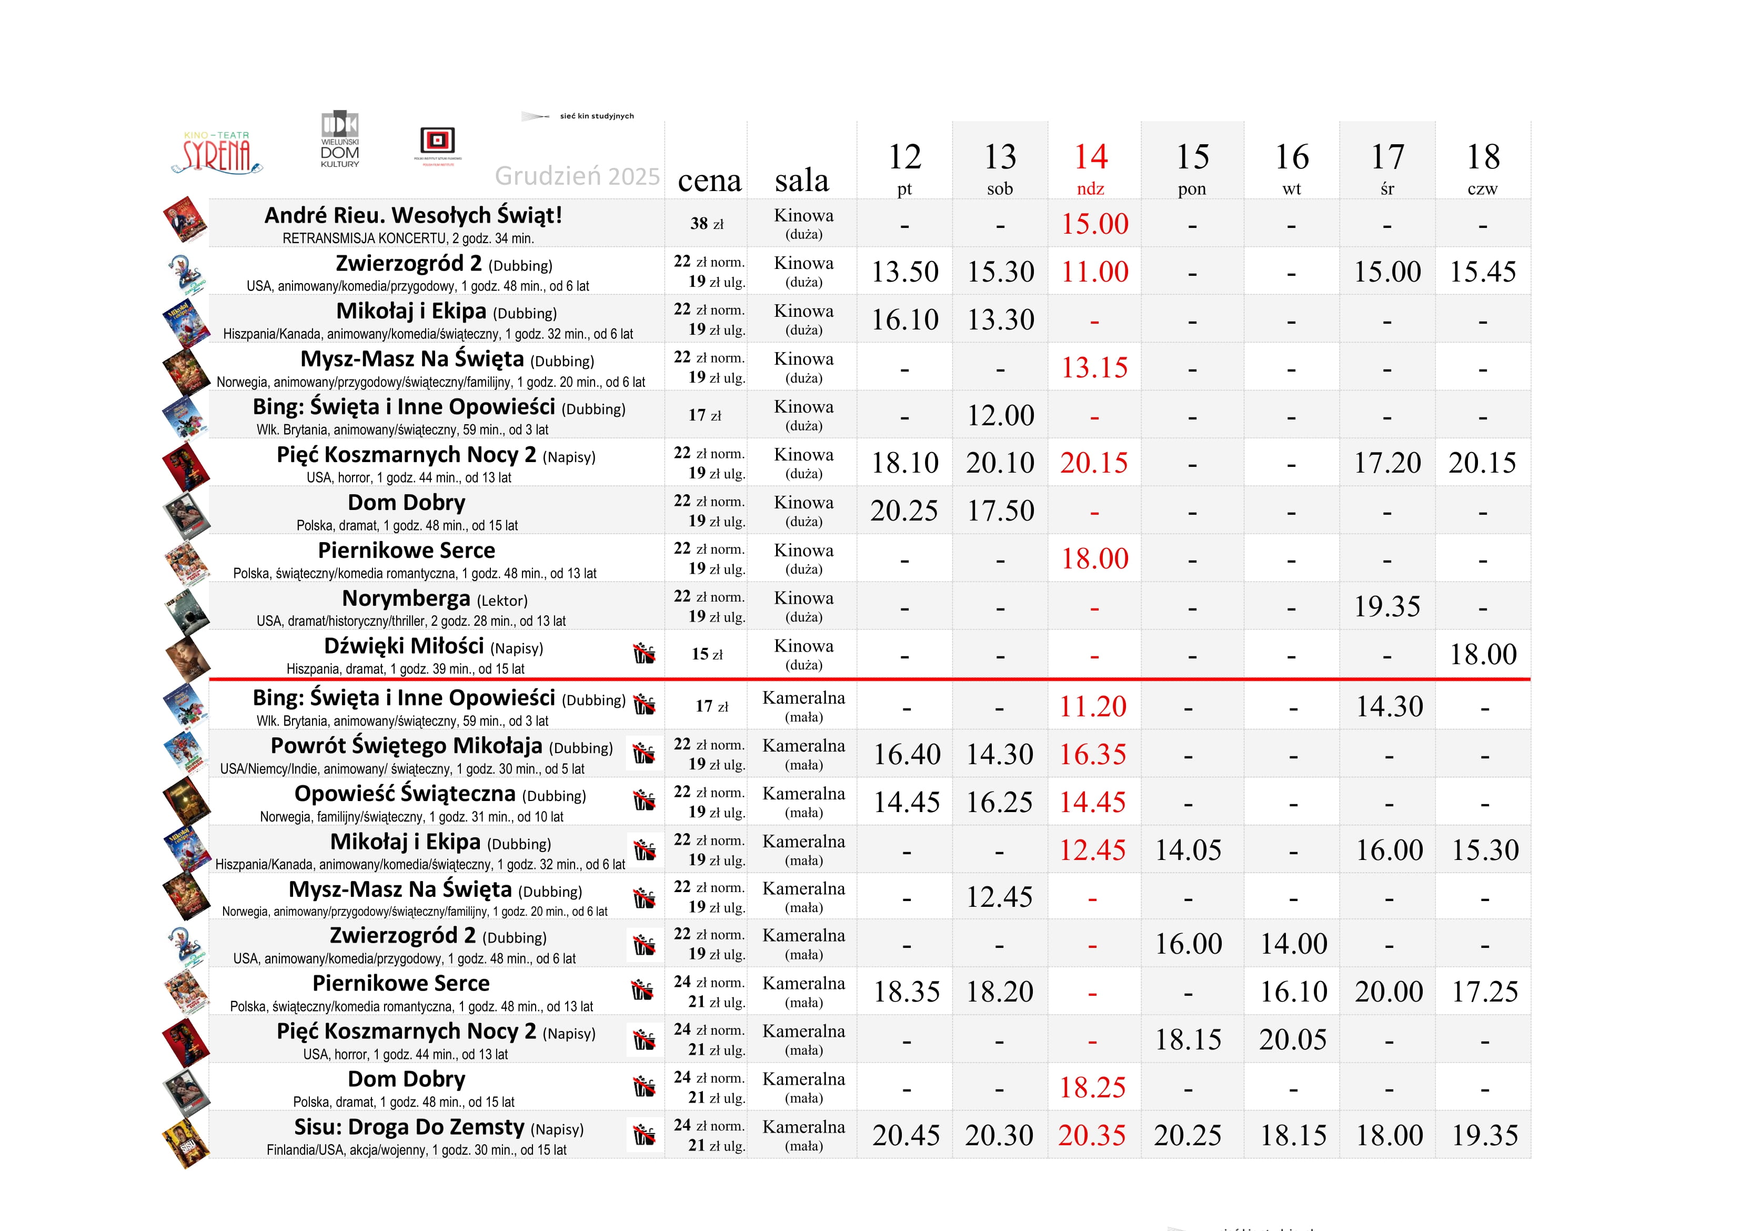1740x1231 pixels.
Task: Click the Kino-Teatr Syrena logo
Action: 220,153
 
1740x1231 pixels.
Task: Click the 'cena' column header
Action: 709,181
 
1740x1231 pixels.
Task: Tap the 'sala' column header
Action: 802,181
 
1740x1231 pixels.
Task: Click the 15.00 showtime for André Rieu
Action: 1094,224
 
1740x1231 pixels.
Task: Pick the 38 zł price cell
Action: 706,224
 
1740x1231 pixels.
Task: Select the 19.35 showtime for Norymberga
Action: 1387,606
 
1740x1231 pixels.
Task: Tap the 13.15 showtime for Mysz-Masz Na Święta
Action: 1094,368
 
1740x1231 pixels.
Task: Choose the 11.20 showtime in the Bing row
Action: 1093,706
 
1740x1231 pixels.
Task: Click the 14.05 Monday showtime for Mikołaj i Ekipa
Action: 1188,850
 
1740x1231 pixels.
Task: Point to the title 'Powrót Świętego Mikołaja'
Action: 406,746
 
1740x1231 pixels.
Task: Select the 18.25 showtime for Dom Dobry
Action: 1093,1088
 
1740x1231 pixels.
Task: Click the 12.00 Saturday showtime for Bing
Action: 1000,415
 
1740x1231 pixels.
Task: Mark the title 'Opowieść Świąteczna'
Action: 405,794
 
